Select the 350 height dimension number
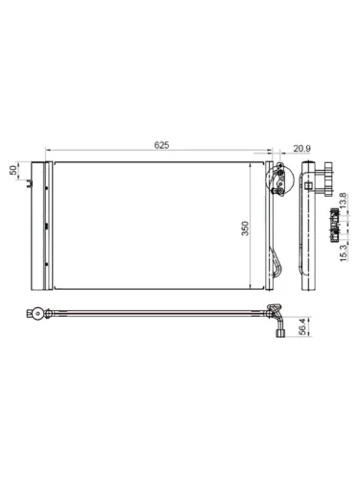(x=247, y=228)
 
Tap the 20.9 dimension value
(x=301, y=146)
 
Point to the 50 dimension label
(x=13, y=170)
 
